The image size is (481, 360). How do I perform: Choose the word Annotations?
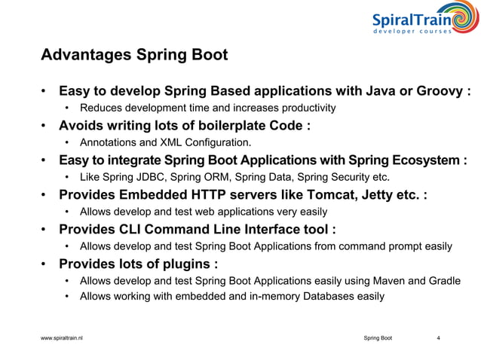pyautogui.click(x=110, y=142)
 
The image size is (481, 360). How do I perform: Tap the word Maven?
pyautogui.click(x=384, y=280)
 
